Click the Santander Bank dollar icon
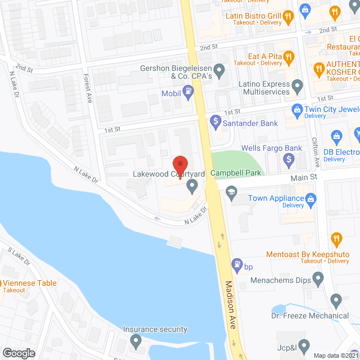coord(214,120)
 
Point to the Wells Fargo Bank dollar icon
coord(289,160)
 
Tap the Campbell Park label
coord(236,173)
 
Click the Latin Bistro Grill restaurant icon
coord(289,16)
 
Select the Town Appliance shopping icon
coord(309,198)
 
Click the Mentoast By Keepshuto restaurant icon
coord(336,238)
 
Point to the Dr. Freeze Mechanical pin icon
coord(336,300)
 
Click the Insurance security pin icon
coord(136,340)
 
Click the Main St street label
coord(304,177)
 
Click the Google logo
coord(19,353)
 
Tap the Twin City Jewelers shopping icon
coord(295,109)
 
